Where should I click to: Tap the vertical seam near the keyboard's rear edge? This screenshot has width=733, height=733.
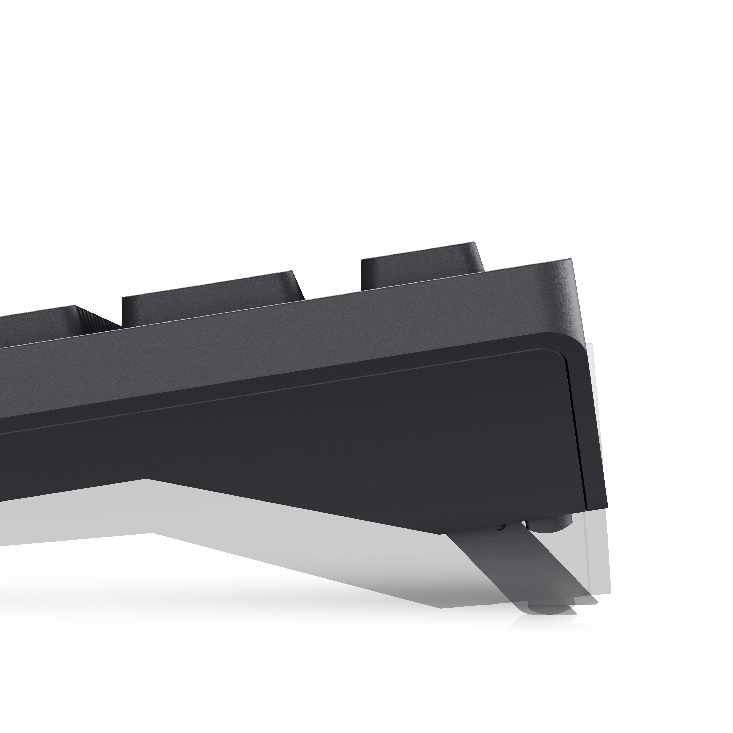tap(577, 436)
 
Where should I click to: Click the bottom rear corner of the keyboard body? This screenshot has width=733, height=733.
tap(605, 507)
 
